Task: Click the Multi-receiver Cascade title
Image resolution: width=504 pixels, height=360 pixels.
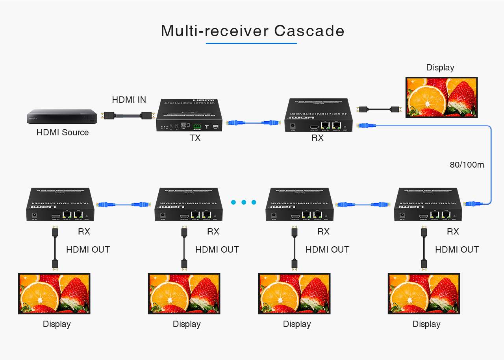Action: click(x=252, y=31)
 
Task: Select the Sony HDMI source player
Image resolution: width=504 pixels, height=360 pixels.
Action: click(x=62, y=116)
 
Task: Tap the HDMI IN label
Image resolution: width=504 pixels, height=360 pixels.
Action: click(x=129, y=100)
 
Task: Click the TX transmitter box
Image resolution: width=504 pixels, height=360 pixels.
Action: click(x=189, y=114)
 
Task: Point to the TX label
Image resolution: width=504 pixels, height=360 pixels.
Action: click(x=195, y=138)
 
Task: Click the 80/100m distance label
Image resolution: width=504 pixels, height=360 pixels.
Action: click(x=467, y=165)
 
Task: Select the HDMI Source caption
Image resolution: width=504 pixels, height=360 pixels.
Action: click(x=62, y=133)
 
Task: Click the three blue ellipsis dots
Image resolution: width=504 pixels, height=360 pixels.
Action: click(x=243, y=202)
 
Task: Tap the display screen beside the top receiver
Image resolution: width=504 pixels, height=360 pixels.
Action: click(x=441, y=97)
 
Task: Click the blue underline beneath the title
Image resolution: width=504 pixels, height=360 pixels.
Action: click(x=251, y=43)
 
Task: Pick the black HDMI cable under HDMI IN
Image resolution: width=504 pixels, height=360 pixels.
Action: click(x=127, y=116)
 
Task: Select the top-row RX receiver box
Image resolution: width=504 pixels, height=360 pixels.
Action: click(x=318, y=115)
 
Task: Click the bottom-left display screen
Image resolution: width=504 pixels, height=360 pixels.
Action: click(x=54, y=294)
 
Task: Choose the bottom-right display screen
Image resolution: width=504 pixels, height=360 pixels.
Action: click(x=424, y=294)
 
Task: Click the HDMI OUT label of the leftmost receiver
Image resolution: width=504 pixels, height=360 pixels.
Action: click(x=88, y=249)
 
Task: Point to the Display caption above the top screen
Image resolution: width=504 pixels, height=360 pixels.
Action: click(x=440, y=68)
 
